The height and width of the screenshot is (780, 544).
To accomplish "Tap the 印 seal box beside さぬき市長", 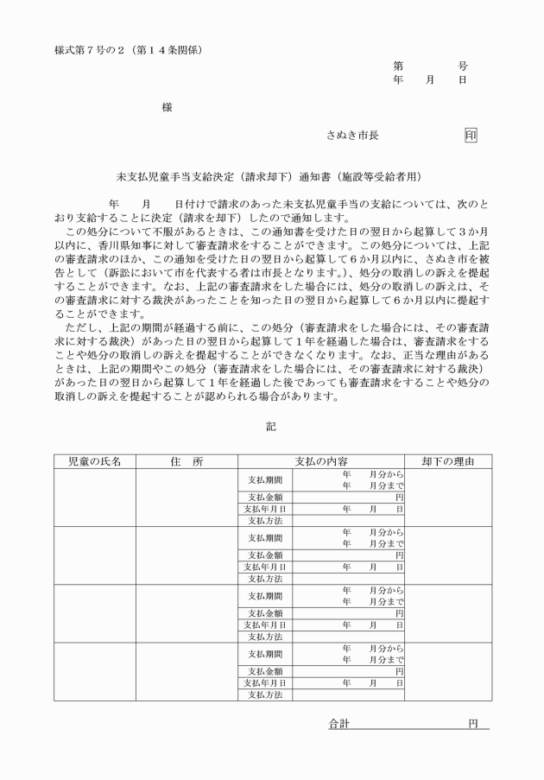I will tap(471, 136).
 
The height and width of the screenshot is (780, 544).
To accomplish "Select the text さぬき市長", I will tap(352, 136).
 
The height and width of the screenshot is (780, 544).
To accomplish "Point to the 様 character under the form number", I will tap(167, 107).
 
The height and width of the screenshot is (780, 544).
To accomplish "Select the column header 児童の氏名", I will tap(94, 461).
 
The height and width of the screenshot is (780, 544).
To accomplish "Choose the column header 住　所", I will tap(187, 461).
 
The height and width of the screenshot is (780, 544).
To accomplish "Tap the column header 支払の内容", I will tap(321, 461).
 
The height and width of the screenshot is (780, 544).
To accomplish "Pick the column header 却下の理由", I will tap(448, 461).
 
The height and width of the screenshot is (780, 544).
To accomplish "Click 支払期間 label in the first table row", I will tap(265, 479).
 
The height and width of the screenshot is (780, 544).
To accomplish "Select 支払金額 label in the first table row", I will tap(265, 498).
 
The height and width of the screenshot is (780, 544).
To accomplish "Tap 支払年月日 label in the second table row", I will tap(265, 568).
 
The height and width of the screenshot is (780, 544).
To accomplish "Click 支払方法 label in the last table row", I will tap(265, 694).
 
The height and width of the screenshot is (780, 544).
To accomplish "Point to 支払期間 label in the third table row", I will tap(265, 596).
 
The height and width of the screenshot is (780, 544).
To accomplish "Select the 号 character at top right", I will tap(463, 66).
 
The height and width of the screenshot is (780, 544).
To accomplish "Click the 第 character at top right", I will tap(398, 66).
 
